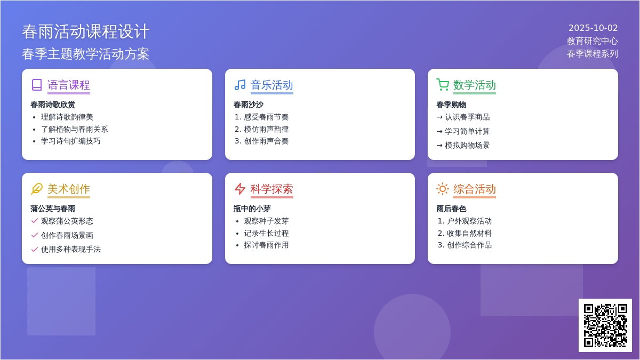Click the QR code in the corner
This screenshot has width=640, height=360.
click(605, 325)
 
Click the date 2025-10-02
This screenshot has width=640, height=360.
click(593, 28)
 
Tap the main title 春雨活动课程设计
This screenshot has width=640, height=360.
click(86, 31)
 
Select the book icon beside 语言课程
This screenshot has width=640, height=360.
click(37, 85)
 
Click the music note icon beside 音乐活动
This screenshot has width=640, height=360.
click(240, 85)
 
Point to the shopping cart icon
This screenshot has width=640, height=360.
click(443, 85)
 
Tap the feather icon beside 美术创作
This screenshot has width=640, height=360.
click(37, 189)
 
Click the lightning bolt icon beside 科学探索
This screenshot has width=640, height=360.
click(240, 189)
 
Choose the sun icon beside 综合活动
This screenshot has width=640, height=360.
click(443, 189)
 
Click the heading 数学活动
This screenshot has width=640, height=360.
click(475, 85)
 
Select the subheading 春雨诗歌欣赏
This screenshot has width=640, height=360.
click(53, 105)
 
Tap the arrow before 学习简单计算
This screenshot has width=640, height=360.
click(439, 132)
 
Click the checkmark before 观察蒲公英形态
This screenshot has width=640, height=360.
click(34, 221)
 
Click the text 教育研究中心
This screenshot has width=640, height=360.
click(593, 41)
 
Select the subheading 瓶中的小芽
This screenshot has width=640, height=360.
click(252, 209)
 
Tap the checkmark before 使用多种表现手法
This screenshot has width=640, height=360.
click(34, 250)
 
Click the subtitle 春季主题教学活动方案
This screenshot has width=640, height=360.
click(86, 54)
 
